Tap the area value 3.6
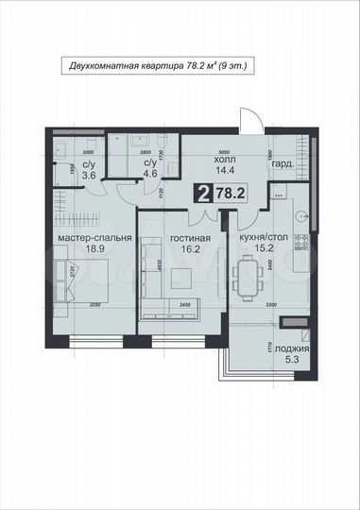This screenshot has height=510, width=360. coord(62,176)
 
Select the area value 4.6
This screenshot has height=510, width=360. coord(123,175)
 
